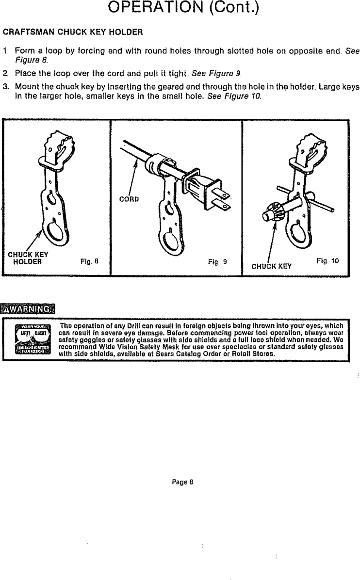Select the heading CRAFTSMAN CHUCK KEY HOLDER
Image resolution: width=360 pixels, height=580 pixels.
(73, 33)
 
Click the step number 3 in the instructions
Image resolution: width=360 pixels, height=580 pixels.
(5, 87)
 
